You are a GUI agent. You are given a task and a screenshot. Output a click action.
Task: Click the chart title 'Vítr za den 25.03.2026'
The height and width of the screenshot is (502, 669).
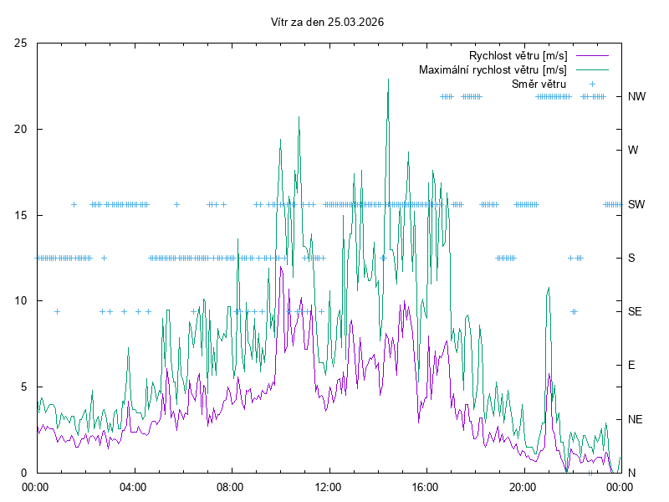click(328, 22)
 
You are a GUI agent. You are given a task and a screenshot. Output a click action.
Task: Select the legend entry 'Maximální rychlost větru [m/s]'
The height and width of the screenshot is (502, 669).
click(493, 70)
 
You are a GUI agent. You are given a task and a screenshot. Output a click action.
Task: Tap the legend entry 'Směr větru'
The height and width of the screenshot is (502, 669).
click(539, 84)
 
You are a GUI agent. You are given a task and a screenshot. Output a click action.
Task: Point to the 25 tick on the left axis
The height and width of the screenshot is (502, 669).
click(21, 43)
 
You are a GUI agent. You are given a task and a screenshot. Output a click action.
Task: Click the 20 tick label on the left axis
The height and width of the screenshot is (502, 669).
click(21, 129)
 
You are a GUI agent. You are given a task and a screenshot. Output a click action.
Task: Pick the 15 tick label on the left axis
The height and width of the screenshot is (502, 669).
click(21, 215)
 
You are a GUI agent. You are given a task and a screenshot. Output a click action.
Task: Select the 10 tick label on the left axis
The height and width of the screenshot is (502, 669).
click(21, 301)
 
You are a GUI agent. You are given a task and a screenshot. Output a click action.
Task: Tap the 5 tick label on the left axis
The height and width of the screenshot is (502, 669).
click(24, 387)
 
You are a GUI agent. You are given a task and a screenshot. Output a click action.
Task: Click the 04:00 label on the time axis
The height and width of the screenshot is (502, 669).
click(132, 486)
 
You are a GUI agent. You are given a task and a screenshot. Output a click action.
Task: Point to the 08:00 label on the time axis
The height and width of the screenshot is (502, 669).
click(230, 486)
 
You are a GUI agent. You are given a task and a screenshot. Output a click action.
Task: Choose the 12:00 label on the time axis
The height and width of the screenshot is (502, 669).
click(328, 486)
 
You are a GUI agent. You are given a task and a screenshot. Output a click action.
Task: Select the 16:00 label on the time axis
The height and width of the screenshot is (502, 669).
click(425, 486)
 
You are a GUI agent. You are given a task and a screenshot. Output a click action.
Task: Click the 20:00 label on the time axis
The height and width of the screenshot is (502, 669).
click(523, 486)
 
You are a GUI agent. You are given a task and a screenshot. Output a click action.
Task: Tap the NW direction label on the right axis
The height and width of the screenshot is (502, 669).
click(637, 96)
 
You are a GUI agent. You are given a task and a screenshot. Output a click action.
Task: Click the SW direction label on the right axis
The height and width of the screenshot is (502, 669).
click(637, 204)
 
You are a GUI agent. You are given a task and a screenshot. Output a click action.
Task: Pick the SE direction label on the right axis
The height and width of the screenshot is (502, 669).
click(636, 311)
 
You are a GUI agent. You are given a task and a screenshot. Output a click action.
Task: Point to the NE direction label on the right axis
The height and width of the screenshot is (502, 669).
click(636, 419)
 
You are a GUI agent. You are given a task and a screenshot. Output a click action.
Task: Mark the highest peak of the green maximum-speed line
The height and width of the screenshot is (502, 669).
click(388, 79)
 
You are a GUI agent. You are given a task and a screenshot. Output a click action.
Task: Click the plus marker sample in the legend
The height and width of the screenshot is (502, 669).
click(591, 84)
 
